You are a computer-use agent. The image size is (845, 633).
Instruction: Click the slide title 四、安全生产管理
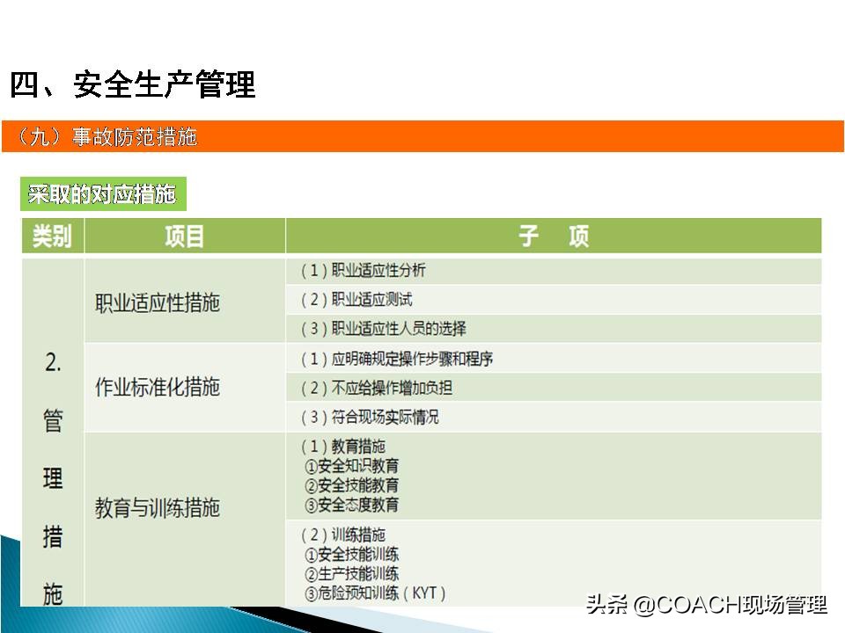click(x=133, y=85)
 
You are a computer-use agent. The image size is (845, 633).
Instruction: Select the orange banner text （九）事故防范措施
click(x=107, y=137)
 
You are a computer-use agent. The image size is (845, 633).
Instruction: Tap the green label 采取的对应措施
click(x=102, y=194)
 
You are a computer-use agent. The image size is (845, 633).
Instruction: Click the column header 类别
click(x=52, y=236)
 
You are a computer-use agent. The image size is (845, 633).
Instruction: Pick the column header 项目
click(x=184, y=236)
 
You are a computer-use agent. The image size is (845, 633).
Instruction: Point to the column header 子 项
click(x=553, y=236)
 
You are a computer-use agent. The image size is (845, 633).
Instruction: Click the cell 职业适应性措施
click(x=158, y=303)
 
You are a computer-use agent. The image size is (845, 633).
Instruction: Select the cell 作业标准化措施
click(x=158, y=388)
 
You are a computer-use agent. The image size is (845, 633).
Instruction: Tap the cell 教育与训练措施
click(x=158, y=508)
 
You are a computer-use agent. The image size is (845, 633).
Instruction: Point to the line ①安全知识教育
click(x=351, y=466)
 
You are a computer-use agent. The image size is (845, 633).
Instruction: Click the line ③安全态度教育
click(x=351, y=505)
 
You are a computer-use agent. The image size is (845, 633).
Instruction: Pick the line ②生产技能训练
click(x=351, y=574)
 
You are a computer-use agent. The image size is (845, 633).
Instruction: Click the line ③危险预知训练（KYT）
click(x=375, y=593)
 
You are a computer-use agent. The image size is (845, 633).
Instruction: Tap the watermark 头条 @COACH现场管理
click(x=706, y=605)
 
